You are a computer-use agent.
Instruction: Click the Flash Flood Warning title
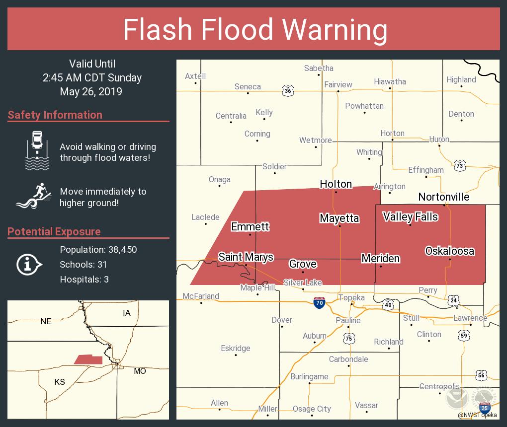[255, 30]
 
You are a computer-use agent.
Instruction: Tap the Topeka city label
[351, 297]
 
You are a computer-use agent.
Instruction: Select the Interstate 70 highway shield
[319, 303]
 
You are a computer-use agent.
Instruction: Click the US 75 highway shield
[349, 338]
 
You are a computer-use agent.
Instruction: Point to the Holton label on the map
[336, 184]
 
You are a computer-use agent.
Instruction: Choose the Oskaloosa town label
[449, 251]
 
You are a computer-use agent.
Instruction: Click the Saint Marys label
[246, 257]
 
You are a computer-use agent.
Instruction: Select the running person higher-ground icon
[34, 197]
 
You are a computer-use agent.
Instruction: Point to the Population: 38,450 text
[98, 249]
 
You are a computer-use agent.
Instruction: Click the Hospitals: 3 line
[84, 279]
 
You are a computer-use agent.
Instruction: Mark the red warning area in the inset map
[88, 359]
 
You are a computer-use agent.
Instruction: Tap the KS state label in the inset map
[59, 382]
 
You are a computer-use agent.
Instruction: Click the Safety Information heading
[55, 115]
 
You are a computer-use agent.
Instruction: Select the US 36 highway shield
[288, 91]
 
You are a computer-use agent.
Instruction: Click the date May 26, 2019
[91, 92]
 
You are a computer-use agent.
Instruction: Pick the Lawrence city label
[470, 318]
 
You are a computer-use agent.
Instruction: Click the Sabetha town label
[319, 68]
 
